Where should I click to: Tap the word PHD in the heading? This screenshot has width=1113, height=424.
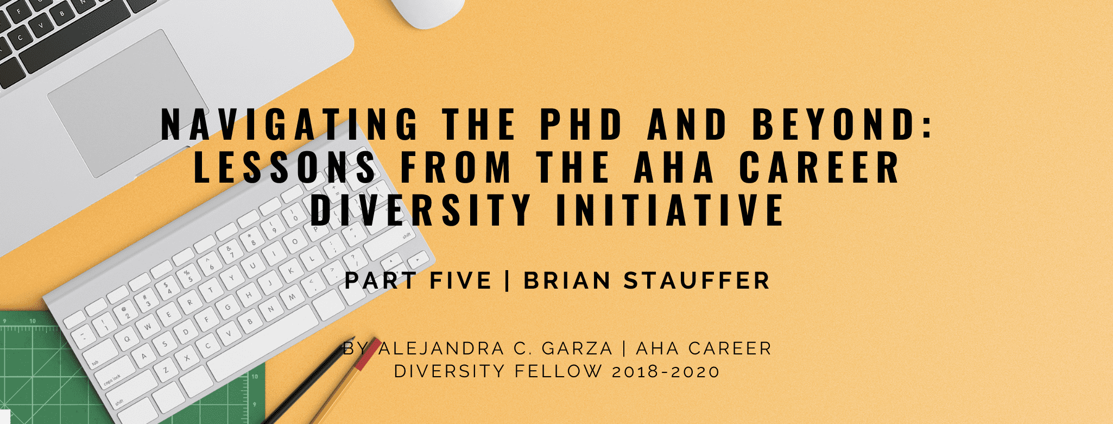click(581, 124)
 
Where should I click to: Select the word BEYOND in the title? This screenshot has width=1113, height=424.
click(842, 124)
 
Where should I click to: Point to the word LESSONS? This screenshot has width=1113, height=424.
click(284, 167)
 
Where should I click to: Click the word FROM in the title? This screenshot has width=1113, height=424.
click(456, 167)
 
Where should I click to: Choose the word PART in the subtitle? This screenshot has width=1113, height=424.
click(381, 281)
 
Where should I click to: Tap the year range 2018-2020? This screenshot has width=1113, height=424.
click(666, 372)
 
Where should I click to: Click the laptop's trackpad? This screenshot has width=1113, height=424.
click(128, 103)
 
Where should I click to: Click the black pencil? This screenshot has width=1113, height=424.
click(304, 386)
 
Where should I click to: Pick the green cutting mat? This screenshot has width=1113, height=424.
click(33, 370)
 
